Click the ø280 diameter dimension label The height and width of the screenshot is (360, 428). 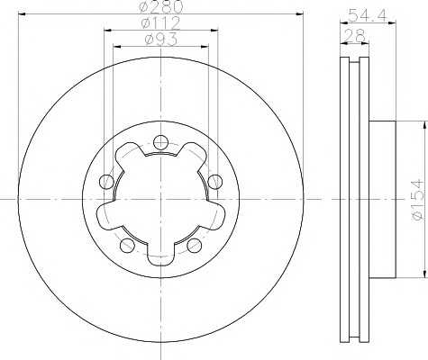[x=161, y=7]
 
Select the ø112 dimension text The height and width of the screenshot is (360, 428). [x=160, y=23]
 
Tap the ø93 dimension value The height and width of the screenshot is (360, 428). [x=161, y=40]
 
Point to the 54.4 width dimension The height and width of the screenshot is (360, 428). [x=368, y=14]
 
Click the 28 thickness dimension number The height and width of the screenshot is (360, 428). [x=355, y=36]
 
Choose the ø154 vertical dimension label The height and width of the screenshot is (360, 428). [x=418, y=200]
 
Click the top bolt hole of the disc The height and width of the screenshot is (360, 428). [x=160, y=142]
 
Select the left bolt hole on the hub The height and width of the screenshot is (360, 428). [x=106, y=182]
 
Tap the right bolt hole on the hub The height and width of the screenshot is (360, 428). [x=215, y=182]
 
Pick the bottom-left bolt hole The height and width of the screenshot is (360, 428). [x=127, y=245]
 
